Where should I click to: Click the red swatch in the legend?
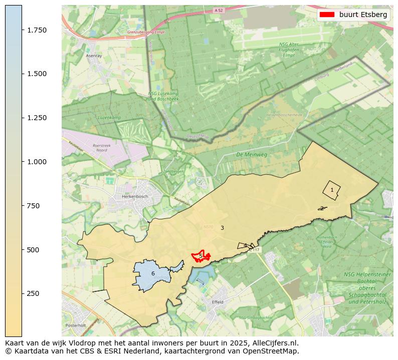327,15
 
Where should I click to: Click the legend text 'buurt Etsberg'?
363,15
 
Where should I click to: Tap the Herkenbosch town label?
135,197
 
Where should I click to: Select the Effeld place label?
218,302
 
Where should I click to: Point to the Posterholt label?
76,325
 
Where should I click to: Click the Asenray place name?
94,56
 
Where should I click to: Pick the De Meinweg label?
252,155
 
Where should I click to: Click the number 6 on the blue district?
153,273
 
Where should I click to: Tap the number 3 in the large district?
222,228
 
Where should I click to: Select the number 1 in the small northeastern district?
332,190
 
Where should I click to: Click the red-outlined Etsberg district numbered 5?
201,256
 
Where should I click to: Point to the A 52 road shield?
218,10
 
